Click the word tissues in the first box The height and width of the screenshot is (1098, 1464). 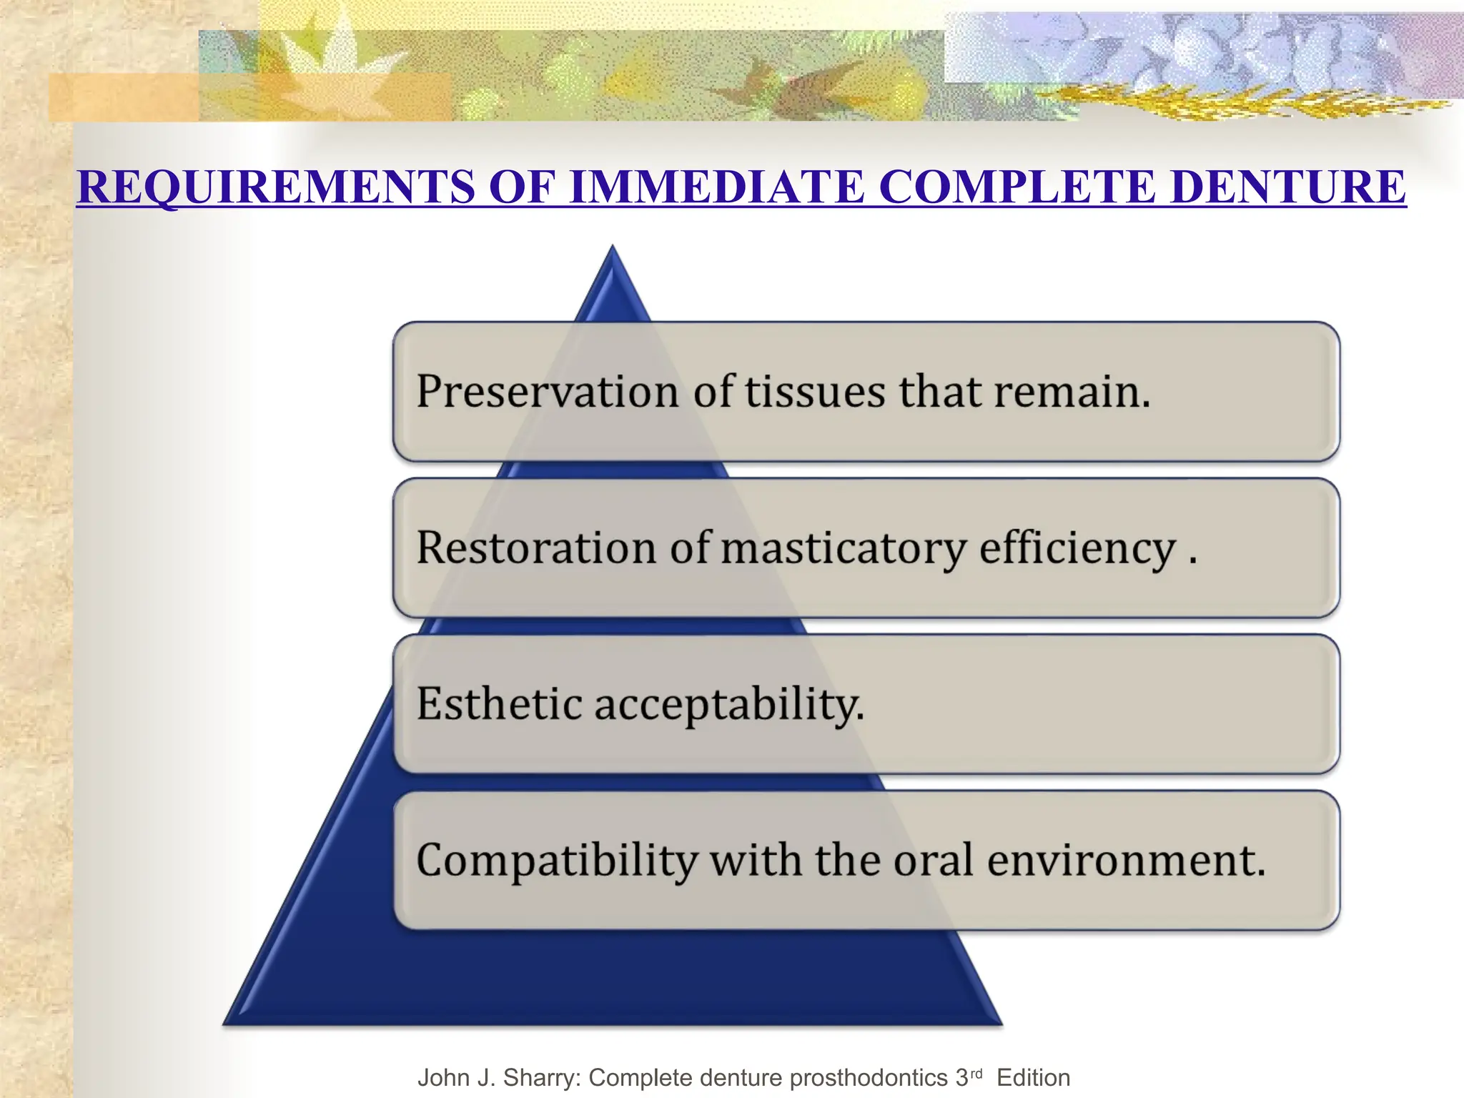click(815, 392)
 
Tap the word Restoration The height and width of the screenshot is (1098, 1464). click(536, 548)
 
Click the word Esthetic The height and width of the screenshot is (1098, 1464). click(499, 704)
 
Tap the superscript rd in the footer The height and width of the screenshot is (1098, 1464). click(976, 1074)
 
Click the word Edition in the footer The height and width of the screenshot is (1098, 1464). click(1033, 1078)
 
